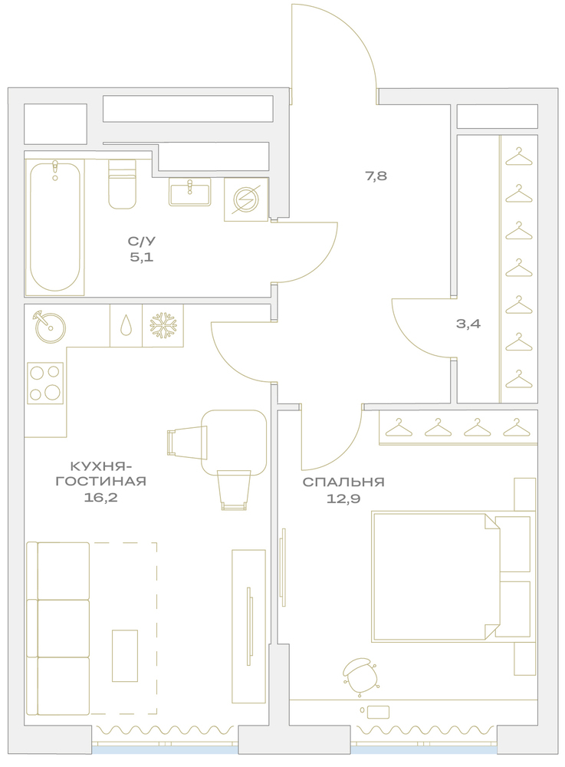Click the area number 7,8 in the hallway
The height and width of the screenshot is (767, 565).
(x=376, y=176)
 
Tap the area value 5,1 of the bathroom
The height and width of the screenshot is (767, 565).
(x=142, y=257)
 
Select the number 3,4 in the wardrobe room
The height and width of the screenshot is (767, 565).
(x=468, y=324)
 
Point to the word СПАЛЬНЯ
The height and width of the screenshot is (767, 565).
(x=343, y=482)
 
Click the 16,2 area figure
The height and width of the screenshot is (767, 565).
(x=101, y=498)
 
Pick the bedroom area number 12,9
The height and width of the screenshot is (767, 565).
(x=343, y=499)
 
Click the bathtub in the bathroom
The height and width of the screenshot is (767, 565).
(x=54, y=227)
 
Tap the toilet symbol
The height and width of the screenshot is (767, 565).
(x=122, y=184)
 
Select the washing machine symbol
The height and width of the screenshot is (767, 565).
(x=246, y=199)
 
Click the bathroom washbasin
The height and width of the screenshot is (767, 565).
(x=190, y=192)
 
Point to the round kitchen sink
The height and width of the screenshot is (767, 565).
(x=51, y=327)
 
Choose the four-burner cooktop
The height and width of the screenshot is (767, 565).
(x=45, y=383)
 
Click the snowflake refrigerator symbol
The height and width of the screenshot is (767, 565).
(x=163, y=326)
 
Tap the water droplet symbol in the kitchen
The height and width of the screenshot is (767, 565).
(x=126, y=326)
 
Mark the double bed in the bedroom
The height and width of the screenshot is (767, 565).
(x=451, y=577)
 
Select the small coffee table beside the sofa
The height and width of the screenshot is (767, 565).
(x=125, y=656)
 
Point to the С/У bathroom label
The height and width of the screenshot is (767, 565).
(x=142, y=241)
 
